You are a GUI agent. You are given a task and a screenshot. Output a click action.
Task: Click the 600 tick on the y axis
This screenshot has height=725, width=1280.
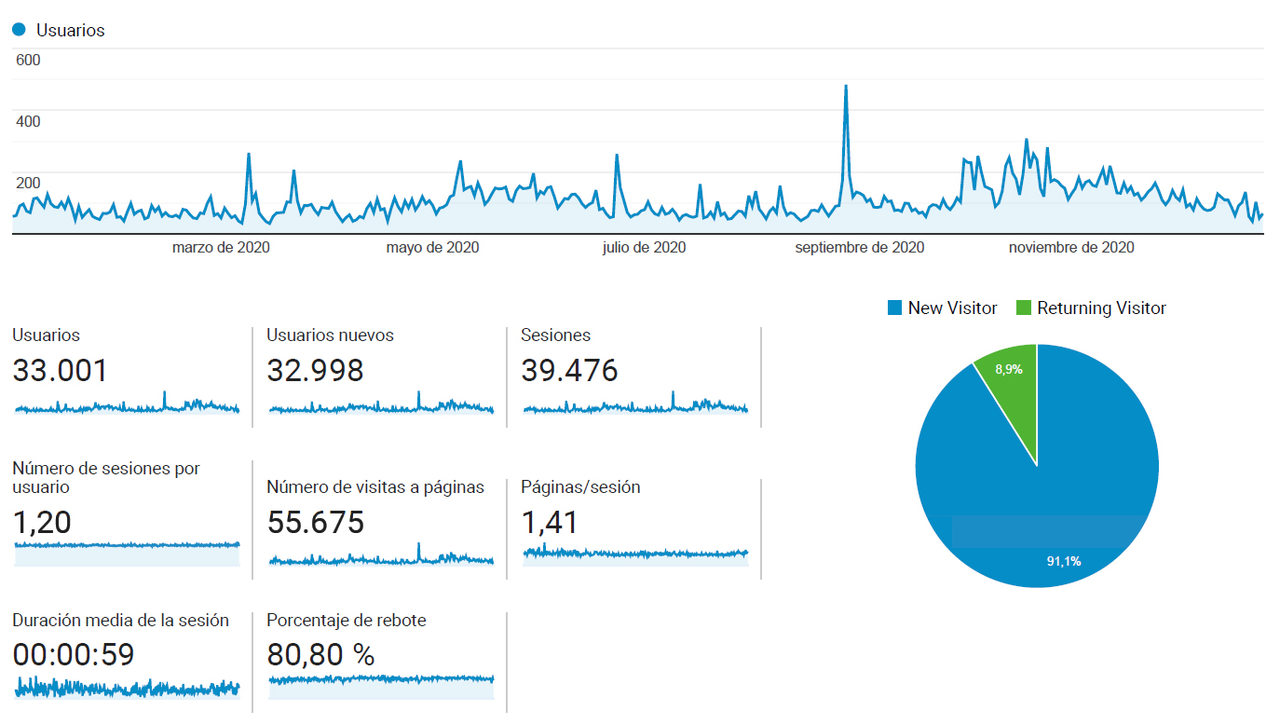pos(28,60)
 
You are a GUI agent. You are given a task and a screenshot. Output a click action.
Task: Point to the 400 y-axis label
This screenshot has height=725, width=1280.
pos(28,121)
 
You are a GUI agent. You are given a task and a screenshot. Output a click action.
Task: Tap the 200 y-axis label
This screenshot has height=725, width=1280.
pos(28,183)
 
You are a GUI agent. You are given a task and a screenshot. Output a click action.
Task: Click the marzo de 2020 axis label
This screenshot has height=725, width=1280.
pos(221,248)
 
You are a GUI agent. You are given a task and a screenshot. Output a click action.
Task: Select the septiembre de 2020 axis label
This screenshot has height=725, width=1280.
pos(860,248)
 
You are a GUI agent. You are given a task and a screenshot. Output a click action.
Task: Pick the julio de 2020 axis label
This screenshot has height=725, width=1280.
pos(644,248)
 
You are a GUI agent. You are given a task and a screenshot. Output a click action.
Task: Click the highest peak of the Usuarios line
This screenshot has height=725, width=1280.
pos(846,87)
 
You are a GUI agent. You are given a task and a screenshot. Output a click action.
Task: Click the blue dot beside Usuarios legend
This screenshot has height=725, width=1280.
pos(19,30)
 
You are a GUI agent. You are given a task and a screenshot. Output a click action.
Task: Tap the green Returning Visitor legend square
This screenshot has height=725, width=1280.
pos(1024,308)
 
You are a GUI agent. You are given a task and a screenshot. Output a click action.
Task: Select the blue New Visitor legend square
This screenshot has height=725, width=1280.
pos(894,308)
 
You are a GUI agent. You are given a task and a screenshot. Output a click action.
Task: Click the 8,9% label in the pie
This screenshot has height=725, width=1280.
pos(1009,369)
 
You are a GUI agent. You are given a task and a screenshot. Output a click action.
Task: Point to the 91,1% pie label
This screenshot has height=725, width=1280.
pos(1064,562)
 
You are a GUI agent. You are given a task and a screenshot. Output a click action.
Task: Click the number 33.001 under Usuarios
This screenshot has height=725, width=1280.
pos(60,371)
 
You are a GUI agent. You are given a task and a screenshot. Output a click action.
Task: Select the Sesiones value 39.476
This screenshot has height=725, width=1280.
pos(569,371)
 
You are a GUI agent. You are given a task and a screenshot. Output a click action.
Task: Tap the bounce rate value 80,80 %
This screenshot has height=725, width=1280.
pos(320,655)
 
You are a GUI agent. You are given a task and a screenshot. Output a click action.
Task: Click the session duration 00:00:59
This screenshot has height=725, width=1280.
pos(74,655)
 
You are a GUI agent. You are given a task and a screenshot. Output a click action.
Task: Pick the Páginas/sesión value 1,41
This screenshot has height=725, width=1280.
pos(549,523)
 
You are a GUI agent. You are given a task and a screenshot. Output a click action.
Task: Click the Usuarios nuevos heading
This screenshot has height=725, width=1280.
pos(331,335)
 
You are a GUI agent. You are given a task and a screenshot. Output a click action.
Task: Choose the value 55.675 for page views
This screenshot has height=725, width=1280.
pos(316,523)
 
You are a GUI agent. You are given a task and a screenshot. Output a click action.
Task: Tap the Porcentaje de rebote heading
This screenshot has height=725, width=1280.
pos(347,621)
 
